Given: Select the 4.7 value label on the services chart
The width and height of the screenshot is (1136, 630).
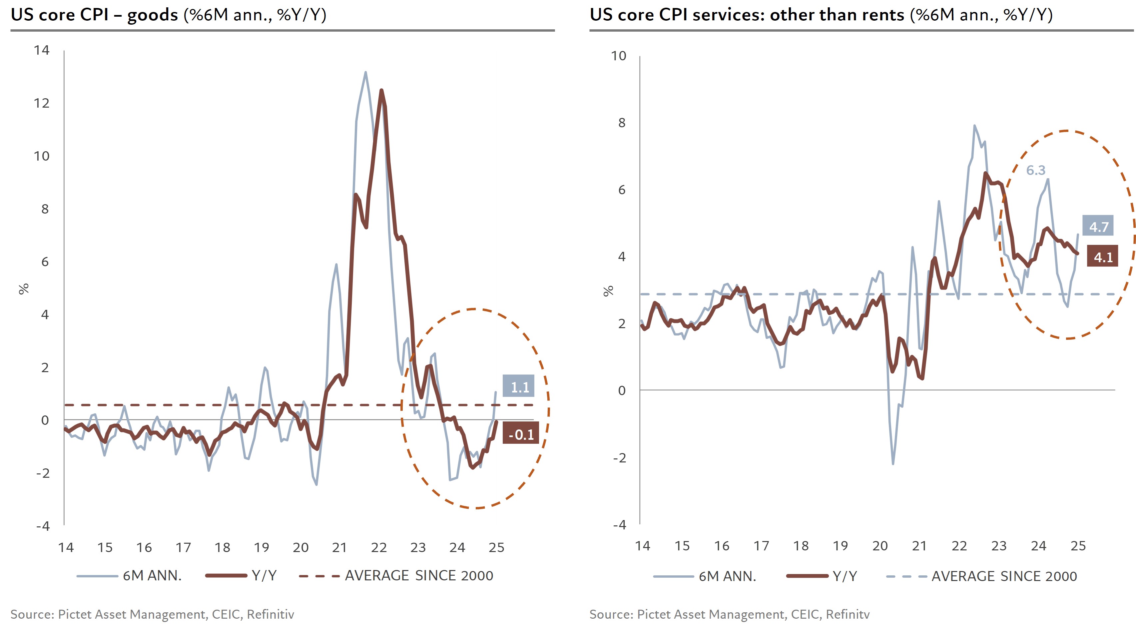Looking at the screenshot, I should (x=1098, y=227).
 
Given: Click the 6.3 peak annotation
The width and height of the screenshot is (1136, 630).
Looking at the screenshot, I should (x=1035, y=170).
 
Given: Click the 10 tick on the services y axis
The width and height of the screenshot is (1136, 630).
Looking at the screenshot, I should (x=618, y=56).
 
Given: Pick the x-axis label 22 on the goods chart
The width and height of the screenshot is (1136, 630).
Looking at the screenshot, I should (x=379, y=548).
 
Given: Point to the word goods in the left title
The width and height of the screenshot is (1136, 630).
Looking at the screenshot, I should (x=152, y=15).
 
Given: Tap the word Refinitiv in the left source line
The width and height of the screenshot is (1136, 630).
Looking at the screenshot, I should (x=270, y=614).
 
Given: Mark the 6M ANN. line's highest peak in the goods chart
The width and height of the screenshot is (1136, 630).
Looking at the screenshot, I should (x=365, y=72).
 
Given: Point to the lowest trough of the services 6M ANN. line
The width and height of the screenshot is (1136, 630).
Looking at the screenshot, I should (x=893, y=464).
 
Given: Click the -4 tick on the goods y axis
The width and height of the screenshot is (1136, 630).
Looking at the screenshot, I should (x=43, y=526).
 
